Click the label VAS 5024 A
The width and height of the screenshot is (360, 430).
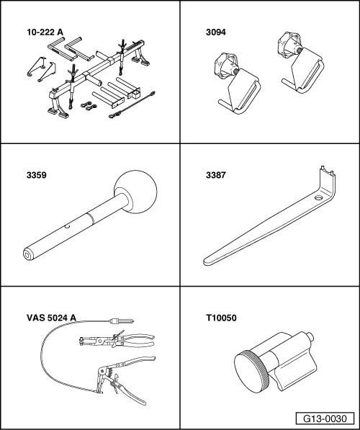pyautogui.click(x=50, y=316)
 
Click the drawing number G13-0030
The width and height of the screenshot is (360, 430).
pyautogui.click(x=328, y=418)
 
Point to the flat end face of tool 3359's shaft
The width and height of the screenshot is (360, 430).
pyautogui.click(x=27, y=254)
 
